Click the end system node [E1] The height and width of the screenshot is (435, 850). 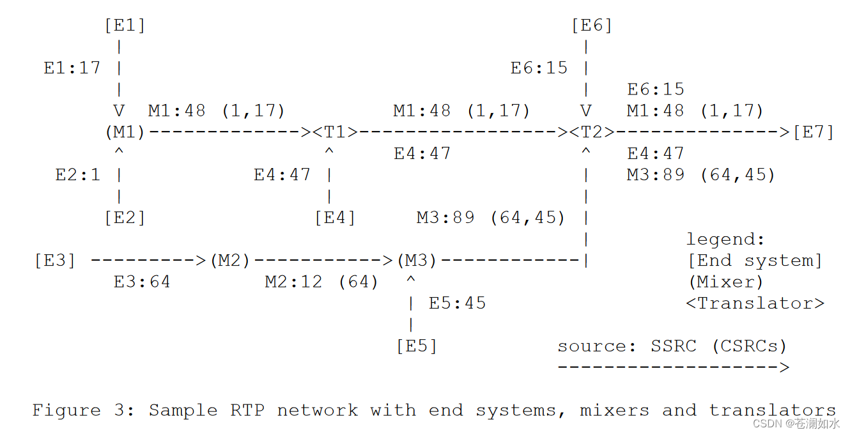click(x=125, y=26)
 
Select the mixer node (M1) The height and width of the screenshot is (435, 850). click(x=125, y=132)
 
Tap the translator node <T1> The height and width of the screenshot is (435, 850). click(x=335, y=132)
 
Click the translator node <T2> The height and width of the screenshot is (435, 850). click(x=592, y=132)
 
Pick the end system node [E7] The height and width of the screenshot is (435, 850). click(x=814, y=132)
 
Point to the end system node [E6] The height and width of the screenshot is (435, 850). click(x=592, y=26)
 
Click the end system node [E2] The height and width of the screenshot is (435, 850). click(x=125, y=218)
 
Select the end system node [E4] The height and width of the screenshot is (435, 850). click(x=335, y=218)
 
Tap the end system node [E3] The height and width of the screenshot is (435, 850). click(x=55, y=261)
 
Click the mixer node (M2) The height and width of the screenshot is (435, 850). click(x=230, y=261)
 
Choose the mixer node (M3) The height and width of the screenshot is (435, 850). click(x=417, y=261)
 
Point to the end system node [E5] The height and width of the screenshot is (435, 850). click(x=417, y=346)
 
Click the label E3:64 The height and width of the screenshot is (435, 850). click(x=142, y=282)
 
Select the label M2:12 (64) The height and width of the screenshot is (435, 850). click(x=321, y=282)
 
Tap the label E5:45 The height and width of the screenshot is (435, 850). click(x=457, y=303)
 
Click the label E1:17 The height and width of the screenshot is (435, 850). click(x=72, y=68)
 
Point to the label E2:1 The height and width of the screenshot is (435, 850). click(x=78, y=175)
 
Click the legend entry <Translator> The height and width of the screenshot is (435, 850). click(x=755, y=303)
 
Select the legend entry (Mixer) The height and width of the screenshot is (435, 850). click(x=725, y=282)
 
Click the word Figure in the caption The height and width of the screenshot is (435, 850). click(x=66, y=410)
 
